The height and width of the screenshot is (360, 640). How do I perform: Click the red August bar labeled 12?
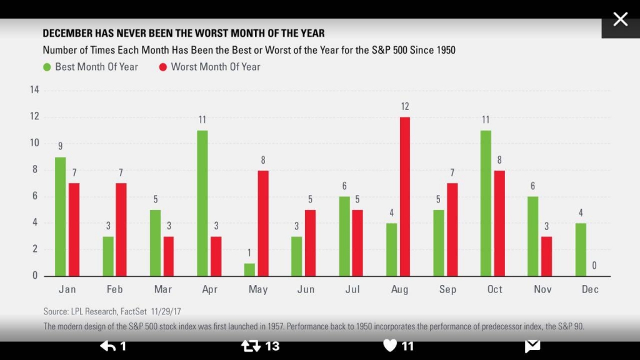click(x=405, y=196)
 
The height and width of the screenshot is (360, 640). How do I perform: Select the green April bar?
click(x=202, y=203)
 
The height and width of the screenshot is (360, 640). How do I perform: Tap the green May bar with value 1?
click(x=249, y=269)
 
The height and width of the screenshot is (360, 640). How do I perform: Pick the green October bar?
click(x=486, y=203)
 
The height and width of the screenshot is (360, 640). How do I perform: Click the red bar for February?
click(x=122, y=229)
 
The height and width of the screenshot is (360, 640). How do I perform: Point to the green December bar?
click(x=580, y=249)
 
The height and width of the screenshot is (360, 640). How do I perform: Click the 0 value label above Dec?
click(x=594, y=266)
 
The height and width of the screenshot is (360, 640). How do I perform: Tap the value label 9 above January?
click(x=61, y=147)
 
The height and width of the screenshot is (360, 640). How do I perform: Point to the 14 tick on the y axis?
click(x=34, y=90)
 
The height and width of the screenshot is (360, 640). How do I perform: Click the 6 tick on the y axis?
click(x=36, y=196)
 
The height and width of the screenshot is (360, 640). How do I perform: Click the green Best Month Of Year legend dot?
click(x=47, y=67)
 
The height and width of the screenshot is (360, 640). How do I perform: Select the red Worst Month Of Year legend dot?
click(x=163, y=67)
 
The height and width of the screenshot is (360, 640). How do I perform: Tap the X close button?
click(x=620, y=19)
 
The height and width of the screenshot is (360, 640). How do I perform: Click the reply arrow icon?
click(x=107, y=346)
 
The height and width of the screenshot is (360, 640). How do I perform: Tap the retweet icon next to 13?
click(x=251, y=346)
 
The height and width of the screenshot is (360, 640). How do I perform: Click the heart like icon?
click(x=390, y=346)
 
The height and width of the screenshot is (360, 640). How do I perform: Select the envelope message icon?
click(x=532, y=346)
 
